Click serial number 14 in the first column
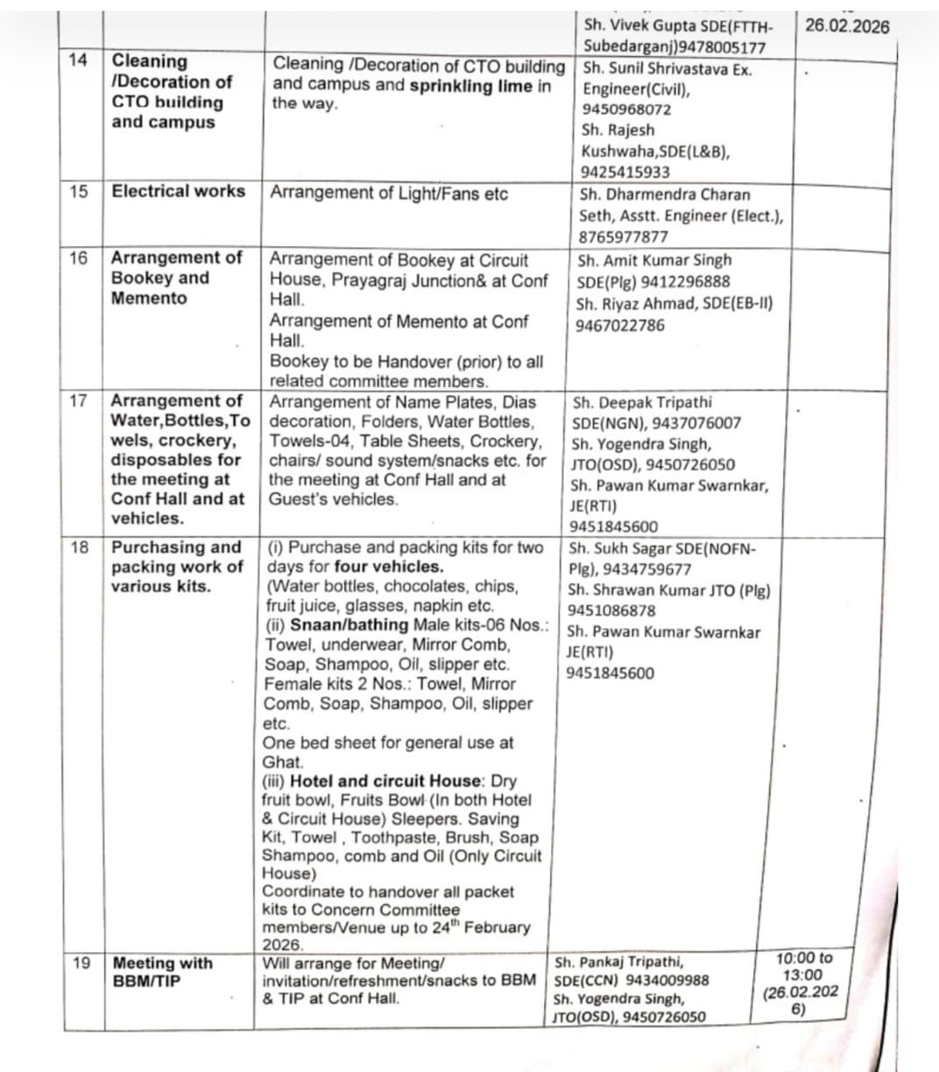point(78,60)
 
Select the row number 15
point(79,192)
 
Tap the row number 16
point(78,258)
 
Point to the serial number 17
point(78,401)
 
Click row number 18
point(79,547)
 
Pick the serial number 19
point(81,963)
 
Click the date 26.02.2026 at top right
point(846,25)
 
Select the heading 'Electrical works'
point(179,191)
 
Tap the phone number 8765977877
point(623,237)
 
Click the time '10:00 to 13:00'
point(802,966)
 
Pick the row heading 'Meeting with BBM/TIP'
point(162,971)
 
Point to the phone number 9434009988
point(667,980)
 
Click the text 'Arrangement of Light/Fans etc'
point(388,193)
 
